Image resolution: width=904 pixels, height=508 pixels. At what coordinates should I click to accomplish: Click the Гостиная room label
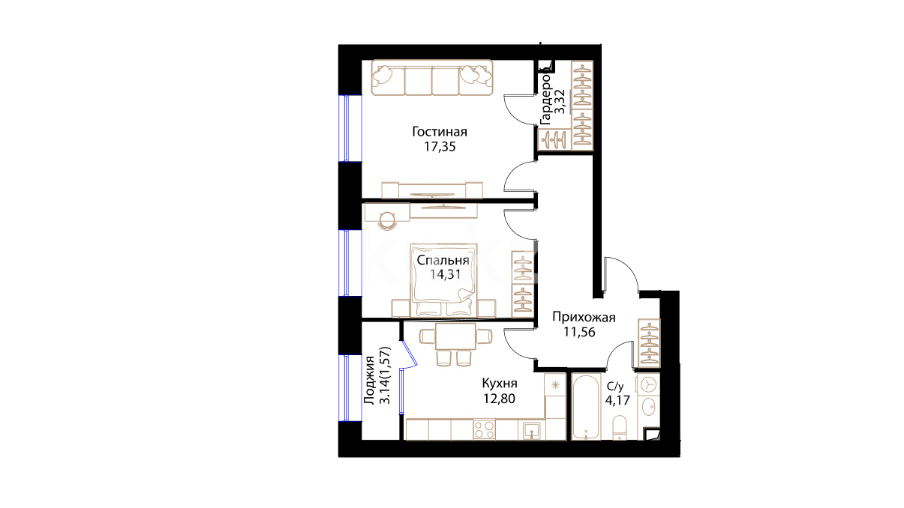tap(440, 132)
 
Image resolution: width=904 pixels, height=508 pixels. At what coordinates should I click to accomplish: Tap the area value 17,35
tap(440, 147)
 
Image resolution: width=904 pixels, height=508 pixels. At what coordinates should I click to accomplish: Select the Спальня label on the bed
tap(443, 261)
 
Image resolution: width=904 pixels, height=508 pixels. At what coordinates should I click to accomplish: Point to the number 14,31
tap(445, 274)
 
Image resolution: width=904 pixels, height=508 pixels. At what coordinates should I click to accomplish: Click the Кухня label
tap(500, 383)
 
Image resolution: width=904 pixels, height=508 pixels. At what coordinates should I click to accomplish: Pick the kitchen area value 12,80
tap(500, 399)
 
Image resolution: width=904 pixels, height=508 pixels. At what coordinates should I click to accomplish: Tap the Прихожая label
tap(584, 317)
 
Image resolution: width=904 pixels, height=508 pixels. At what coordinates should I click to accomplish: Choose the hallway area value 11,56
tap(579, 332)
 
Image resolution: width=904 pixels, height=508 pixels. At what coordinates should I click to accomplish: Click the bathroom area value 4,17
tap(617, 401)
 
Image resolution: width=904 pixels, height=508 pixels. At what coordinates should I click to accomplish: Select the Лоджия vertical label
tap(370, 380)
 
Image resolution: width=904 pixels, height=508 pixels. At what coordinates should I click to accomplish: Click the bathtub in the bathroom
tap(586, 407)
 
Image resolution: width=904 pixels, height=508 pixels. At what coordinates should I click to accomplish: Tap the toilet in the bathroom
tap(620, 427)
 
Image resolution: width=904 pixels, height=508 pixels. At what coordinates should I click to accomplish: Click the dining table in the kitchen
tap(455, 336)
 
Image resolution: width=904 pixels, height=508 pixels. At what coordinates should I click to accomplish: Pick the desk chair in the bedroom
tap(388, 221)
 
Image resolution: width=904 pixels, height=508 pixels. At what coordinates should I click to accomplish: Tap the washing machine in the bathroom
tap(648, 384)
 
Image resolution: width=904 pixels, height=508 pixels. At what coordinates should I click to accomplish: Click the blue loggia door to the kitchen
tap(409, 355)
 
